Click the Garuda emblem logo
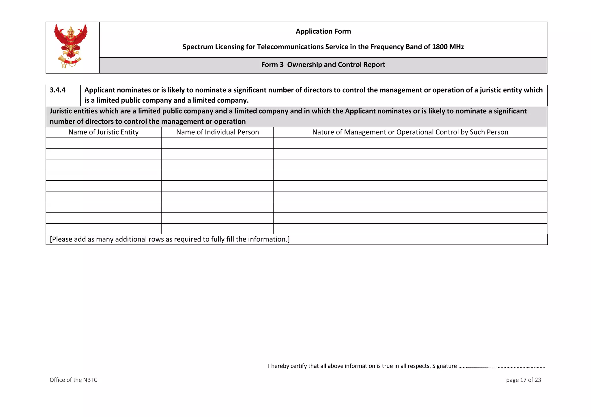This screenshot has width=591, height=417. [x=71, y=46]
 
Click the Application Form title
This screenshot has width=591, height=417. [x=323, y=31]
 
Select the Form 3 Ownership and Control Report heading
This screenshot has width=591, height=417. [x=323, y=65]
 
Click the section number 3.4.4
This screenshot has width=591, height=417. [x=58, y=90]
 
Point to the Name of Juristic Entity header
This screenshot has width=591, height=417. [x=103, y=132]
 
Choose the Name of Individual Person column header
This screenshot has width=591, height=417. [x=217, y=132]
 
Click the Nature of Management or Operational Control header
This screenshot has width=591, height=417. [x=410, y=132]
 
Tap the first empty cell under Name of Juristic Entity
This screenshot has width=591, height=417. [x=103, y=143]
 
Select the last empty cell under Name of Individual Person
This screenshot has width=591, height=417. [x=217, y=229]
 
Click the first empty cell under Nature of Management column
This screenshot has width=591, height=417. [x=410, y=143]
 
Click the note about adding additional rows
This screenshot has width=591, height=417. [x=170, y=239]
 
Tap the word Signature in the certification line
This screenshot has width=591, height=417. [x=444, y=366]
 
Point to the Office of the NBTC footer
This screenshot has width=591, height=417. [x=73, y=380]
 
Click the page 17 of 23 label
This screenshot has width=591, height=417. [x=523, y=380]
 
